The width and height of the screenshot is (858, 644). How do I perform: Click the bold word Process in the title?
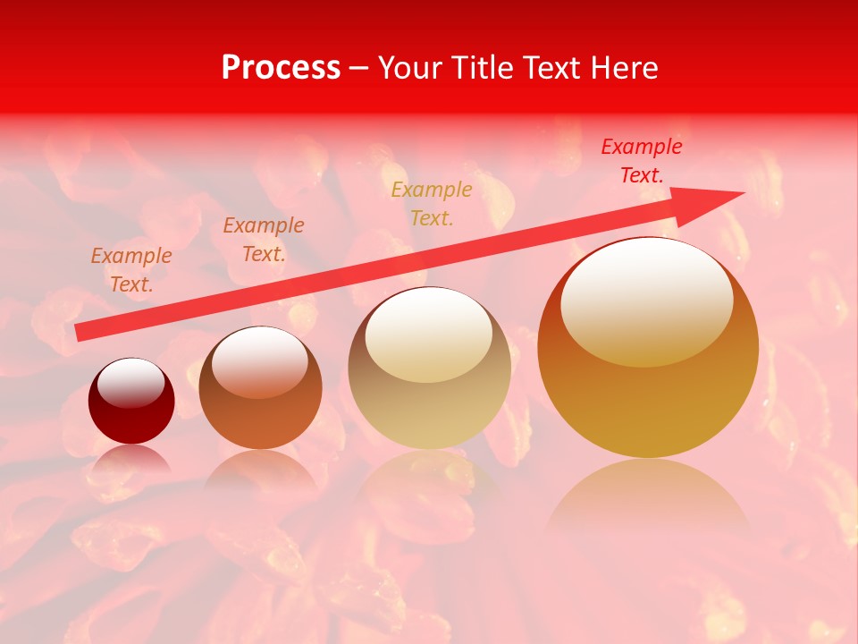click(x=281, y=68)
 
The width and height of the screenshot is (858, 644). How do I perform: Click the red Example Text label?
click(x=641, y=161)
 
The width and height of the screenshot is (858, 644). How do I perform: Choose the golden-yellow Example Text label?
click(x=432, y=203)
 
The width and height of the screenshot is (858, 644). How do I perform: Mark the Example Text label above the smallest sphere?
click(x=131, y=269)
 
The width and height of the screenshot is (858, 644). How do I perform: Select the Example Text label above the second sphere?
click(x=264, y=239)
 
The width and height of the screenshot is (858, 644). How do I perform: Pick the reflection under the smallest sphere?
click(x=131, y=461)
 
